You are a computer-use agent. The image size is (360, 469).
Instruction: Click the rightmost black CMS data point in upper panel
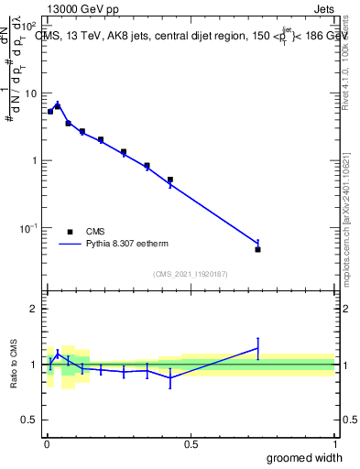(x=258, y=249)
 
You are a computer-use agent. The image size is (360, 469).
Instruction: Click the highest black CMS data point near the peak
(x=57, y=106)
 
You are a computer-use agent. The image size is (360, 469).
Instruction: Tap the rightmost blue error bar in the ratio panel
(x=258, y=348)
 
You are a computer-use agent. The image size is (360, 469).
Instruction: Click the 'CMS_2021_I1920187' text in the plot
(x=190, y=273)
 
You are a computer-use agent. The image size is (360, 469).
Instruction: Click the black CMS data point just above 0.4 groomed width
(x=169, y=180)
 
